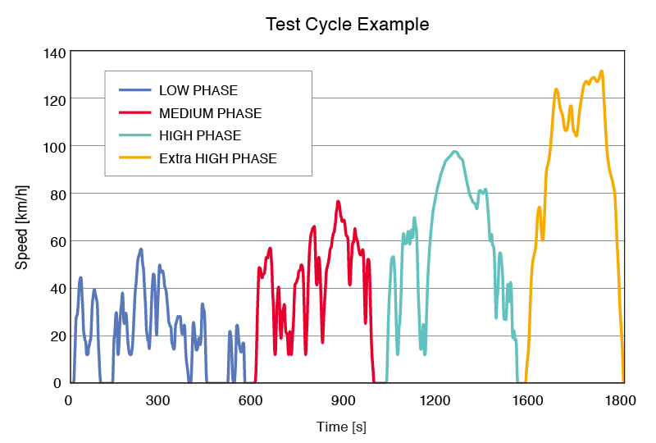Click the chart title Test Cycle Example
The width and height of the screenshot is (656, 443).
pyautogui.click(x=347, y=25)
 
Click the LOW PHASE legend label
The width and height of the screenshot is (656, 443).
pyautogui.click(x=198, y=90)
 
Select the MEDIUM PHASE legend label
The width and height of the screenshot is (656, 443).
pyautogui.click(x=210, y=113)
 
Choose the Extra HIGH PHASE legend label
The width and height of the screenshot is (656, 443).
pyautogui.click(x=217, y=158)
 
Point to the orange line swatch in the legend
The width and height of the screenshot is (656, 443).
pyautogui.click(x=135, y=158)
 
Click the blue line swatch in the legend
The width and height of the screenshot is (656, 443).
pyautogui.click(x=135, y=90)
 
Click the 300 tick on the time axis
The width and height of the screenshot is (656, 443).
pyautogui.click(x=158, y=400)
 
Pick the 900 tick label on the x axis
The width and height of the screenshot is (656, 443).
pyautogui.click(x=343, y=400)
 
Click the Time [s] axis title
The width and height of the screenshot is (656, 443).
pyautogui.click(x=342, y=427)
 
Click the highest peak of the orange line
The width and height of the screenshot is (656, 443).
pyautogui.click(x=602, y=71)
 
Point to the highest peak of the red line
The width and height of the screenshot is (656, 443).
pyautogui.click(x=338, y=201)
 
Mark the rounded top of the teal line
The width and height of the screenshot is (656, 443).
pyautogui.click(x=453, y=152)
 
